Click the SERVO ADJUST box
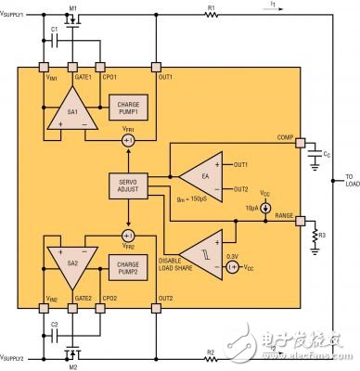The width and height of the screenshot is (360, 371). point(124,183)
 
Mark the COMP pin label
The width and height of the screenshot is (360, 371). point(285,138)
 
